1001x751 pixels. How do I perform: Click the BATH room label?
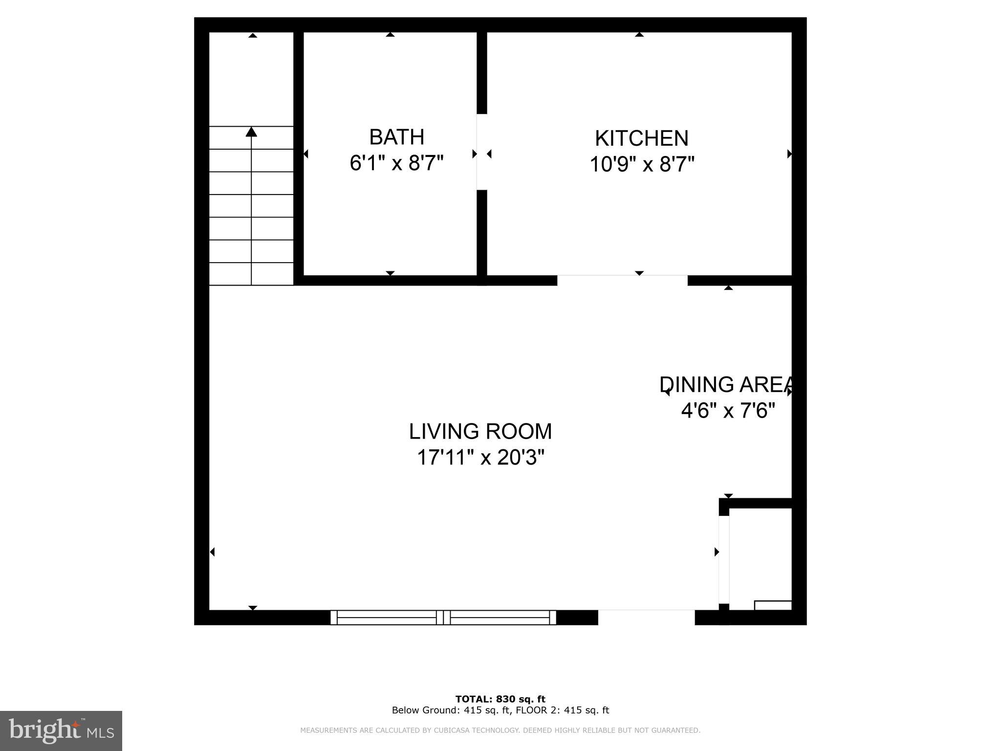pyautogui.click(x=396, y=137)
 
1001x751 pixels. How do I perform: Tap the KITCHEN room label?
pyautogui.click(x=641, y=138)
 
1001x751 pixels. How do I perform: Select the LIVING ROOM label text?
pyautogui.click(x=480, y=432)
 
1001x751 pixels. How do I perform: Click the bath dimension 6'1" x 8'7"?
pyautogui.click(x=396, y=163)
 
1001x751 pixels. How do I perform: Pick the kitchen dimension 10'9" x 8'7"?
pyautogui.click(x=642, y=165)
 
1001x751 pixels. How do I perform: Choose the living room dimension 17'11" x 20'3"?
pyautogui.click(x=480, y=458)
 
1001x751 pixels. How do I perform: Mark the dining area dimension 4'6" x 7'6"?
pyautogui.click(x=728, y=411)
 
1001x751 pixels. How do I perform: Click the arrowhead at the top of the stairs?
pyautogui.click(x=251, y=132)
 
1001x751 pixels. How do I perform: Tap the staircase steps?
pyautogui.click(x=251, y=205)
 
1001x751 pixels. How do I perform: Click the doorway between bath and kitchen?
pyautogui.click(x=482, y=152)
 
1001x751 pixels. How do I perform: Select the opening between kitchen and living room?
pyautogui.click(x=622, y=280)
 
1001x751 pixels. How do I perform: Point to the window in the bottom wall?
pyautogui.click(x=443, y=618)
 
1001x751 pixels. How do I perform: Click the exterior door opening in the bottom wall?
pyautogui.click(x=646, y=618)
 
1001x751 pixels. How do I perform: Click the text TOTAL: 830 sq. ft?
pyautogui.click(x=500, y=699)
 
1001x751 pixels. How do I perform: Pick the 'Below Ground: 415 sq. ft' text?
pyautogui.click(x=447, y=710)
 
